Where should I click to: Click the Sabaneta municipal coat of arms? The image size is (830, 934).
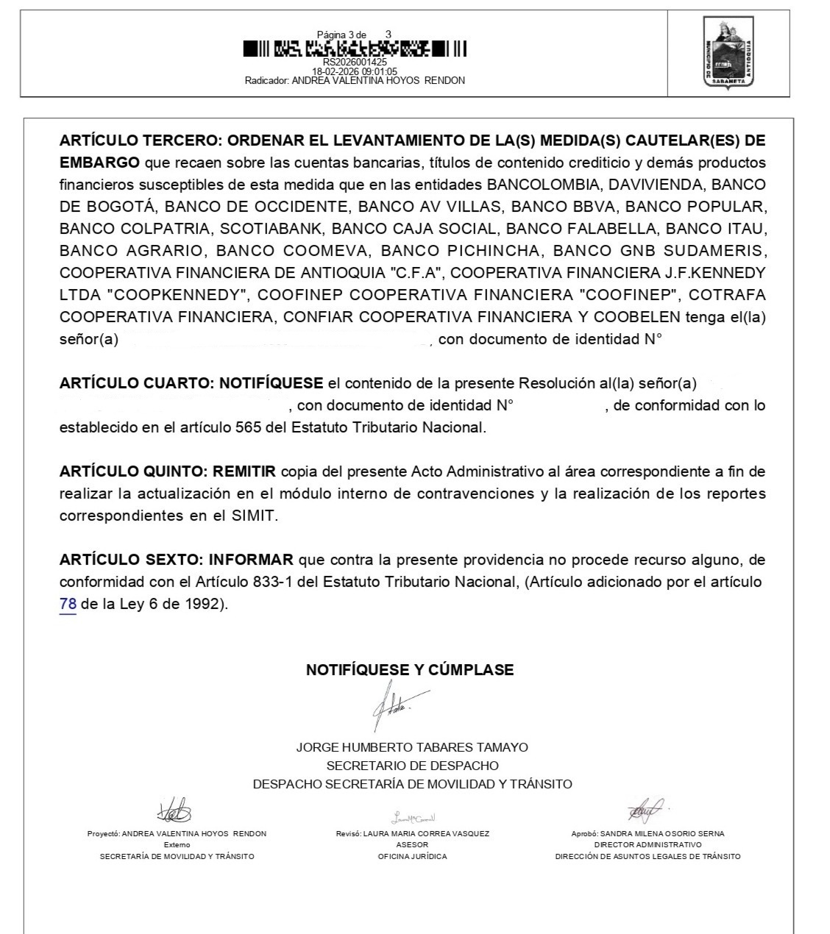pyautogui.click(x=728, y=53)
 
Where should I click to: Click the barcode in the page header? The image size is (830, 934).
pyautogui.click(x=355, y=49)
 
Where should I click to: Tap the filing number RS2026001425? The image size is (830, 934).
pyautogui.click(x=355, y=63)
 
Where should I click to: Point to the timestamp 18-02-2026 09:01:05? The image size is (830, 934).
pyautogui.click(x=355, y=71)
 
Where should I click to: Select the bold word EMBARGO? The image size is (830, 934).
pyautogui.click(x=99, y=163)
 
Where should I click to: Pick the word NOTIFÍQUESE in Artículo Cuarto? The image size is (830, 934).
pyautogui.click(x=272, y=383)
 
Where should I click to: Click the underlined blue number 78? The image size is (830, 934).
pyautogui.click(x=68, y=605)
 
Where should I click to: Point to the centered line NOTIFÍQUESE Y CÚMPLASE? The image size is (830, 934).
pyautogui.click(x=410, y=670)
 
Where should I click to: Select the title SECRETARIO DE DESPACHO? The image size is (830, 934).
pyautogui.click(x=412, y=766)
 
